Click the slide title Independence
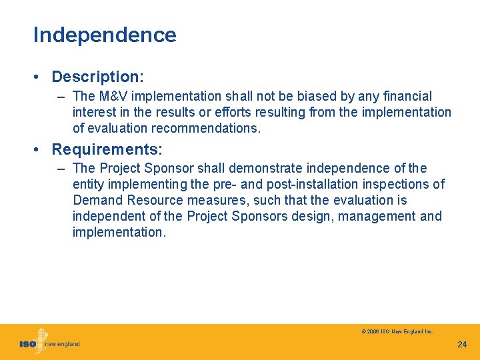105,35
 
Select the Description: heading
98,77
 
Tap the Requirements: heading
107,149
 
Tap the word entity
89,185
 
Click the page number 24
462,345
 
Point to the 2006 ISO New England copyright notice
397,331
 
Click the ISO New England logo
49,343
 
